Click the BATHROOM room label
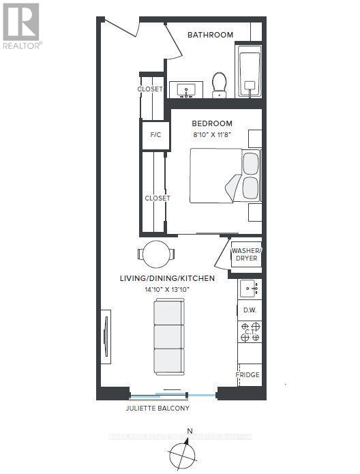pos(210,35)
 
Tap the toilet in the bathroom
pos(220,85)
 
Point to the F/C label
pos(155,135)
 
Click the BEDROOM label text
pos(211,123)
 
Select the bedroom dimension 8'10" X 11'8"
pos(211,135)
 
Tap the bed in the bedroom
pos(224,176)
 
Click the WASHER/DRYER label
pos(245,254)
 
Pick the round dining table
pos(156,254)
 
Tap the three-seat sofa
pos(168,337)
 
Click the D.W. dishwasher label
pos(249,310)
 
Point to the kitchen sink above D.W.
pos(249,289)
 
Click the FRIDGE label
pos(247,376)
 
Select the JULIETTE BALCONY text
pos(157,408)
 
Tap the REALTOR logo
pos(21,27)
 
